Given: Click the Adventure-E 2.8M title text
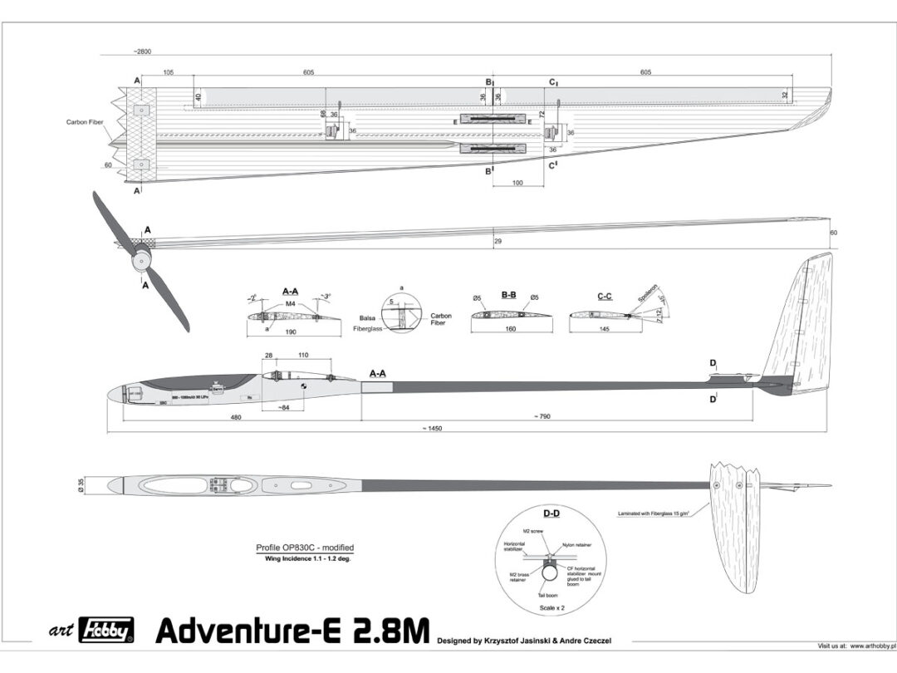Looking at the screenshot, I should (x=292, y=632).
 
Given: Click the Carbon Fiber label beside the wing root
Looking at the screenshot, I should (x=86, y=122).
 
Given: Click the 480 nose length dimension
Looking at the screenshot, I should (x=236, y=417).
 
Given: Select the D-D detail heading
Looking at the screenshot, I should (x=551, y=513).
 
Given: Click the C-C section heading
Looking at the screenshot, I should (x=605, y=294).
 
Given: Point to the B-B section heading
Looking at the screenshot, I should (x=509, y=294).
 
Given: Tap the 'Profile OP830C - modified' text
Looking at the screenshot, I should (x=305, y=548).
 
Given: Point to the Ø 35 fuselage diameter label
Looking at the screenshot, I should (x=92, y=484).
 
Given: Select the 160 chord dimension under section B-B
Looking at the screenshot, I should (x=510, y=330).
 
